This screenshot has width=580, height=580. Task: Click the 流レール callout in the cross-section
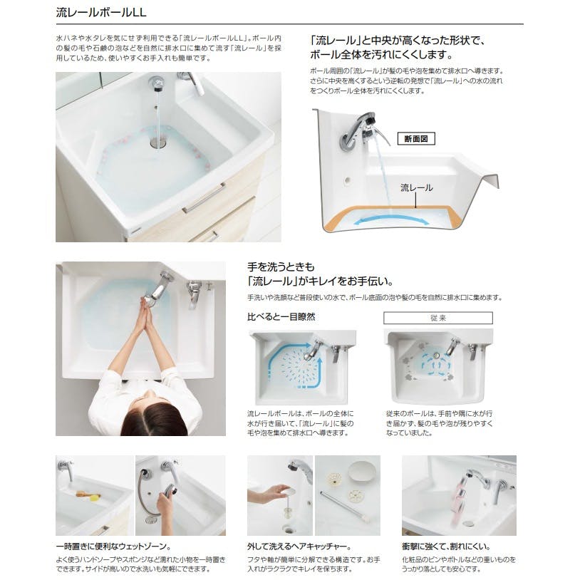416,188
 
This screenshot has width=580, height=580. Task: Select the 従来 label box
437,318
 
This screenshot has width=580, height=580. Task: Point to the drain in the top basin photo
157,143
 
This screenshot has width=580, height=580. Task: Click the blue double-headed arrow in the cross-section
399,219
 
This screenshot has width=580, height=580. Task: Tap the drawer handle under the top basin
203,198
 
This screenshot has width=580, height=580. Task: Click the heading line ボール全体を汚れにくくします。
380,55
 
